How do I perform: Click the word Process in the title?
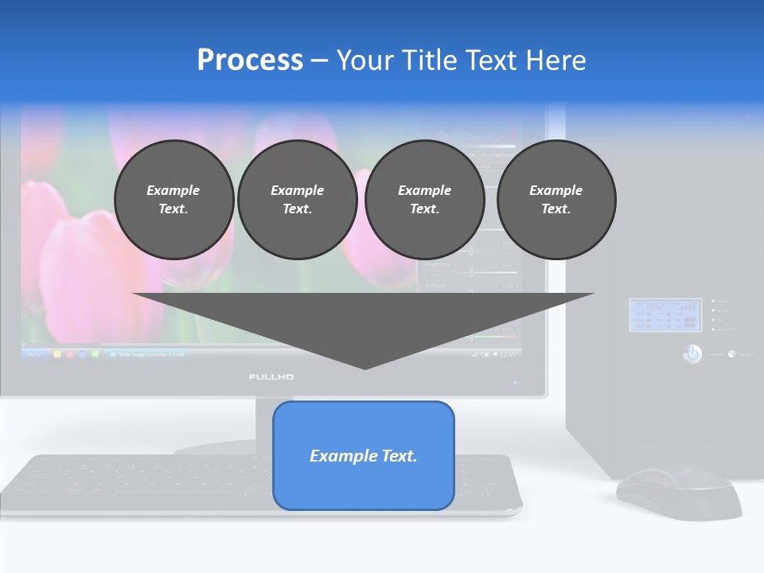250,60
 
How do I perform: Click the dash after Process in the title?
319,61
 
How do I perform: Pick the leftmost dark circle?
173,199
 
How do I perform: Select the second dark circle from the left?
297,199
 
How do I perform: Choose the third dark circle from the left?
424,199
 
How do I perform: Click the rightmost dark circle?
555,199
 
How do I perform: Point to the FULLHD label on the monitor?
271,376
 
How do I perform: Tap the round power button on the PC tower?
692,353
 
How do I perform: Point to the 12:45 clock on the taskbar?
506,353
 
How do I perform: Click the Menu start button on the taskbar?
34,353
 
